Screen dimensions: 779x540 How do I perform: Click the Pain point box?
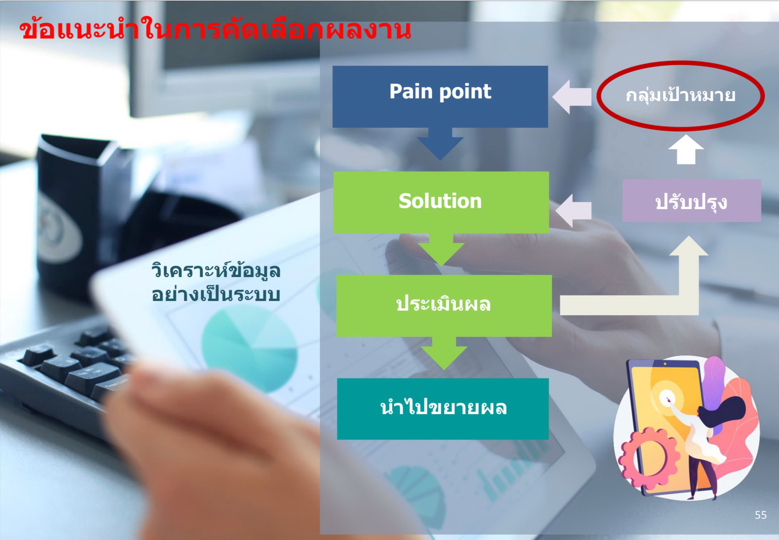(x=440, y=96)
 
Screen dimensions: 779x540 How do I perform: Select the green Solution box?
(x=441, y=202)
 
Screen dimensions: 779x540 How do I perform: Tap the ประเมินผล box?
(x=444, y=306)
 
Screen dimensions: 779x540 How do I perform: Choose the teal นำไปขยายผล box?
(x=443, y=409)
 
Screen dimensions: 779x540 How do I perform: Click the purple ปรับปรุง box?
(x=692, y=200)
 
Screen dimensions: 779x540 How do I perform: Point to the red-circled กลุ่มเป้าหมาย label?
(x=681, y=95)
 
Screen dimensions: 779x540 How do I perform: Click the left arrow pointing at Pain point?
(x=572, y=97)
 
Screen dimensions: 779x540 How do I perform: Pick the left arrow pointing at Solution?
(x=573, y=210)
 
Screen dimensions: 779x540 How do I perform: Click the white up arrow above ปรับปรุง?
(x=686, y=149)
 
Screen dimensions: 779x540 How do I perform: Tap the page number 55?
(x=760, y=515)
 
